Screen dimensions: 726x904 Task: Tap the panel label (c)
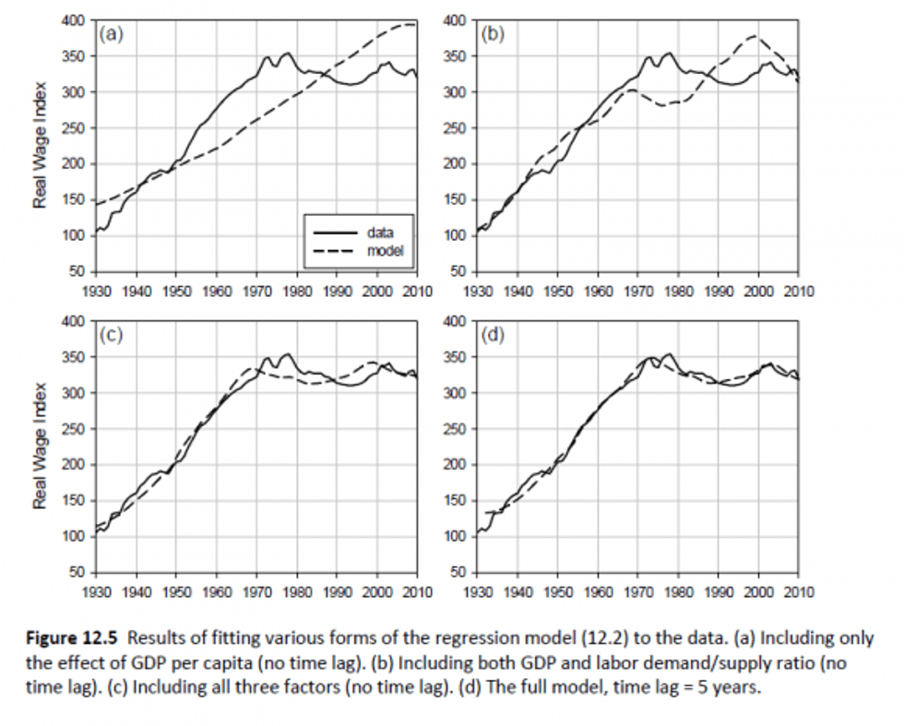[112, 335]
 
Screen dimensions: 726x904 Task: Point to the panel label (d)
[494, 335]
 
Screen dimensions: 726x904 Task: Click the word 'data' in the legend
[380, 232]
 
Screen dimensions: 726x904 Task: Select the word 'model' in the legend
[384, 249]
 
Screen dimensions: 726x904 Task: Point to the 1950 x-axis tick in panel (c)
[177, 591]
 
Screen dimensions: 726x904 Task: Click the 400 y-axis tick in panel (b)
[455, 20]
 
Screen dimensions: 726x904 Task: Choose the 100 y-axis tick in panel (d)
[455, 537]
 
